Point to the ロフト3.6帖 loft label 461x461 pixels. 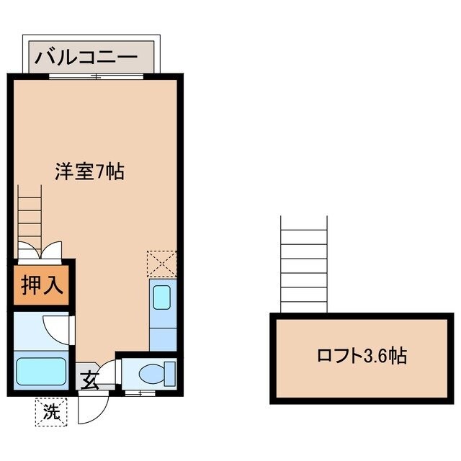click(x=362, y=356)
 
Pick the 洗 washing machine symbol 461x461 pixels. click(x=50, y=412)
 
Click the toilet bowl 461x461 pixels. click(x=154, y=373)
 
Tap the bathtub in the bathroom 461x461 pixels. click(x=42, y=371)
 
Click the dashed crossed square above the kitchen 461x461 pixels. click(x=161, y=263)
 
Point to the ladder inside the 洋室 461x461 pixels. click(x=30, y=213)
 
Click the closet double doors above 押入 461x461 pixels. click(x=40, y=251)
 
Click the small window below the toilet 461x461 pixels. click(x=138, y=394)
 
